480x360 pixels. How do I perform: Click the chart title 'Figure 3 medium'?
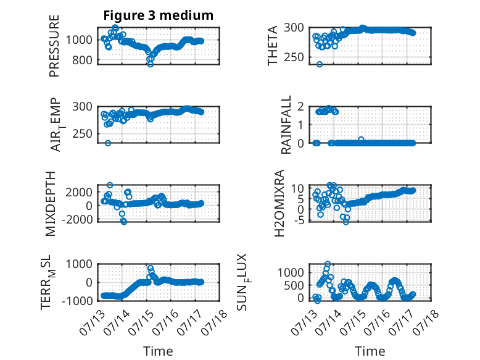coord(159,15)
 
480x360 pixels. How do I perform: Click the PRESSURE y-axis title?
coord(54,46)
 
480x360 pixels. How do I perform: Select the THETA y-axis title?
coord(272,46)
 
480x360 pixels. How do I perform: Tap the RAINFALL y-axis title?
coord(286,125)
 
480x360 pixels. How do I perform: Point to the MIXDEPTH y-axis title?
coord(51,204)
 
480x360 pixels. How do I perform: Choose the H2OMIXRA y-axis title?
coord(279,203)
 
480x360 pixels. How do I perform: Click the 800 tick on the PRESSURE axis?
coord(82,61)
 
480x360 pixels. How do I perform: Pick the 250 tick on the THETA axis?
coord(294,57)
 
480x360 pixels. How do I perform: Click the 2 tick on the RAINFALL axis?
coord(300,107)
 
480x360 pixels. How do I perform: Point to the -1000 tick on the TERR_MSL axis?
coord(77,301)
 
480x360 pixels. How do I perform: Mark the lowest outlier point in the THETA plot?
coord(320,64)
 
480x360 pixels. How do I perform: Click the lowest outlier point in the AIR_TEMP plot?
coord(107,143)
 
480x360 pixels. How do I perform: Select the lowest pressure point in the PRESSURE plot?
coord(151,64)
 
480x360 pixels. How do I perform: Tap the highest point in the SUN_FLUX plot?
coord(328,264)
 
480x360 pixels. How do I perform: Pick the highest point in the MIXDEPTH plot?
coord(110,185)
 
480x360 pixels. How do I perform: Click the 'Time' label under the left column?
coord(159,351)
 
